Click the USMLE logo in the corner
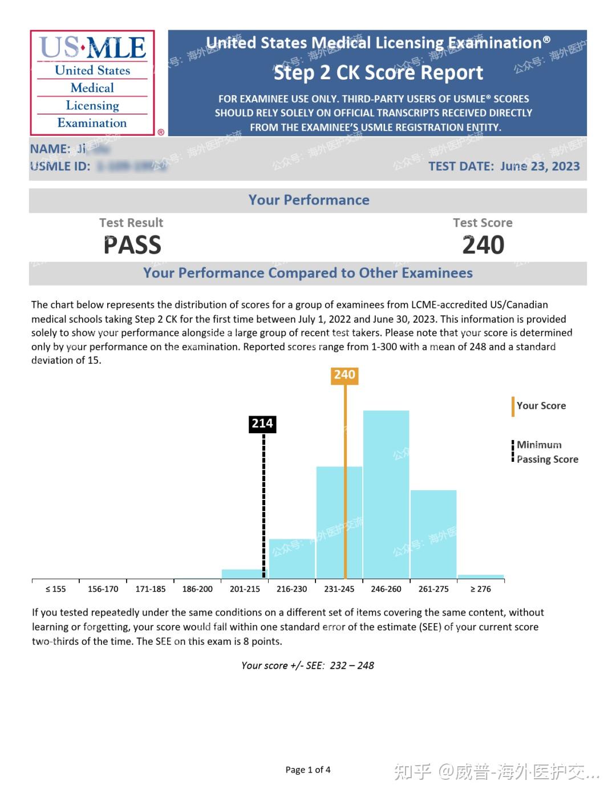pos(92,83)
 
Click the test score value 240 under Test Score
pos(483,245)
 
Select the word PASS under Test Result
pos(132,245)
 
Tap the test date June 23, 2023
pos(540,166)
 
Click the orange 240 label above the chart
pos(345,375)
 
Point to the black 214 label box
pos(262,424)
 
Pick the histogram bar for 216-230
pos(291,558)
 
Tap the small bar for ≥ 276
pos(481,576)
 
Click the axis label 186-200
pos(197,589)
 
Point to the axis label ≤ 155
pos(55,589)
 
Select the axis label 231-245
pos(339,589)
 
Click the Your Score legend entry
pos(541,406)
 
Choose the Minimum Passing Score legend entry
pos(546,452)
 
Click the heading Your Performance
pos(309,200)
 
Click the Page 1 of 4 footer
pos(308,770)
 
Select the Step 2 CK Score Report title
pos(378,73)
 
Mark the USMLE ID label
pos(60,166)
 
